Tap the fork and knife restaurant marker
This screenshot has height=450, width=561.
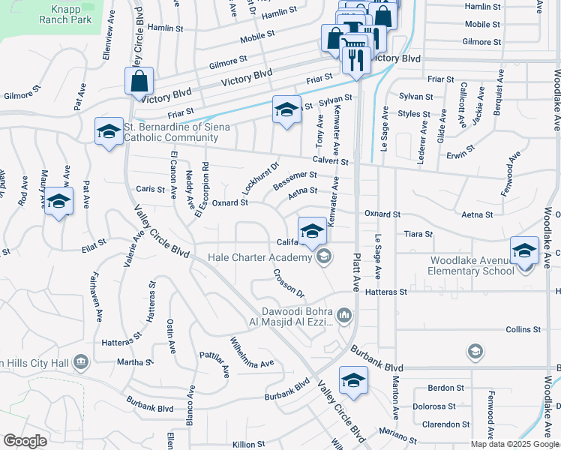pyautogui.click(x=356, y=59)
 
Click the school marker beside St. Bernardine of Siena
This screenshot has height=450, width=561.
pyautogui.click(x=109, y=132)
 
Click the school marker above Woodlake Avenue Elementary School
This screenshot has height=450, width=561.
pyautogui.click(x=523, y=250)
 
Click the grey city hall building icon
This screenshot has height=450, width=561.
pyautogui.click(x=81, y=363)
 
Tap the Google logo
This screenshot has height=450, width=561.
pyautogui.click(x=25, y=441)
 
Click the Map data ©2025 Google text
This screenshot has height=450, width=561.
pyautogui.click(x=514, y=444)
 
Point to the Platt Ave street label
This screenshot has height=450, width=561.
pyautogui.click(x=355, y=273)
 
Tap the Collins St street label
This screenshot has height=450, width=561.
pyautogui.click(x=523, y=329)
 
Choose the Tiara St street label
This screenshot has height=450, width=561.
pyautogui.click(x=418, y=234)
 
